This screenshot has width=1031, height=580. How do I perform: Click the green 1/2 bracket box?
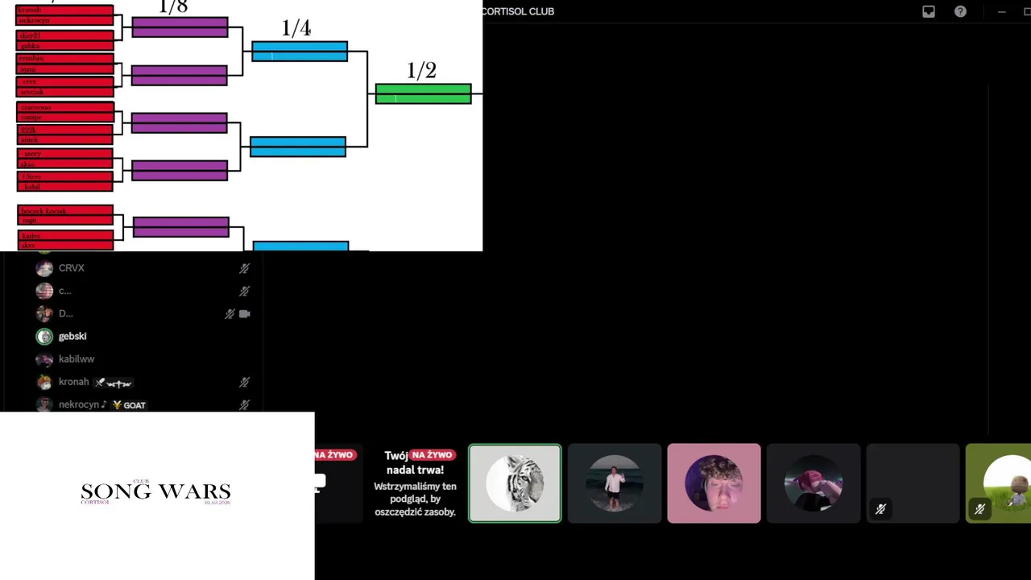[x=423, y=94]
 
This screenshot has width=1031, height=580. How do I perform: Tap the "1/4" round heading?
[x=296, y=28]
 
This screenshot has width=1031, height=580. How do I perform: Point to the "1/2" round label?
[x=421, y=71]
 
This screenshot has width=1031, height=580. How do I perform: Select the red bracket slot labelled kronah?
[x=64, y=10]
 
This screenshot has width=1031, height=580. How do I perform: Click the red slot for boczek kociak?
[x=64, y=211]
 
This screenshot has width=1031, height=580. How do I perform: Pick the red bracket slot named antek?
[x=64, y=140]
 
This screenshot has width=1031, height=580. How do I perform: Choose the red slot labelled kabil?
[x=64, y=187]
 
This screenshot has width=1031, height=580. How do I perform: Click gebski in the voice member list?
[x=72, y=336]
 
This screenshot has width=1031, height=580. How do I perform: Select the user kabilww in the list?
[x=77, y=359]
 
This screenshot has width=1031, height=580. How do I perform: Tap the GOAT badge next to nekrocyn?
[x=130, y=405]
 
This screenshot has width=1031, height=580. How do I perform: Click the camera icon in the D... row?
[x=245, y=314]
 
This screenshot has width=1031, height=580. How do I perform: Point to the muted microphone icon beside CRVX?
[x=244, y=268]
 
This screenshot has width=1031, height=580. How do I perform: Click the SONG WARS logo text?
[x=155, y=492]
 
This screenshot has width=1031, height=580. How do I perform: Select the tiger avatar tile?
[x=515, y=483]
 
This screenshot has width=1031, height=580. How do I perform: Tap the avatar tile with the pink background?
[x=714, y=483]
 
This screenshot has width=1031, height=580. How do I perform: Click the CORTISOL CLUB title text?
[x=518, y=11]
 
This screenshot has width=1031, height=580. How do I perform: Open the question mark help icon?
[x=960, y=11]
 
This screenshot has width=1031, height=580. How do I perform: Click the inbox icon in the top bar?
[x=929, y=11]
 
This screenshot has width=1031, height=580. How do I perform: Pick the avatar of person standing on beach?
[x=615, y=483]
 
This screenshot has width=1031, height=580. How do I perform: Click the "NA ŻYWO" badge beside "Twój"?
[x=432, y=455]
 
